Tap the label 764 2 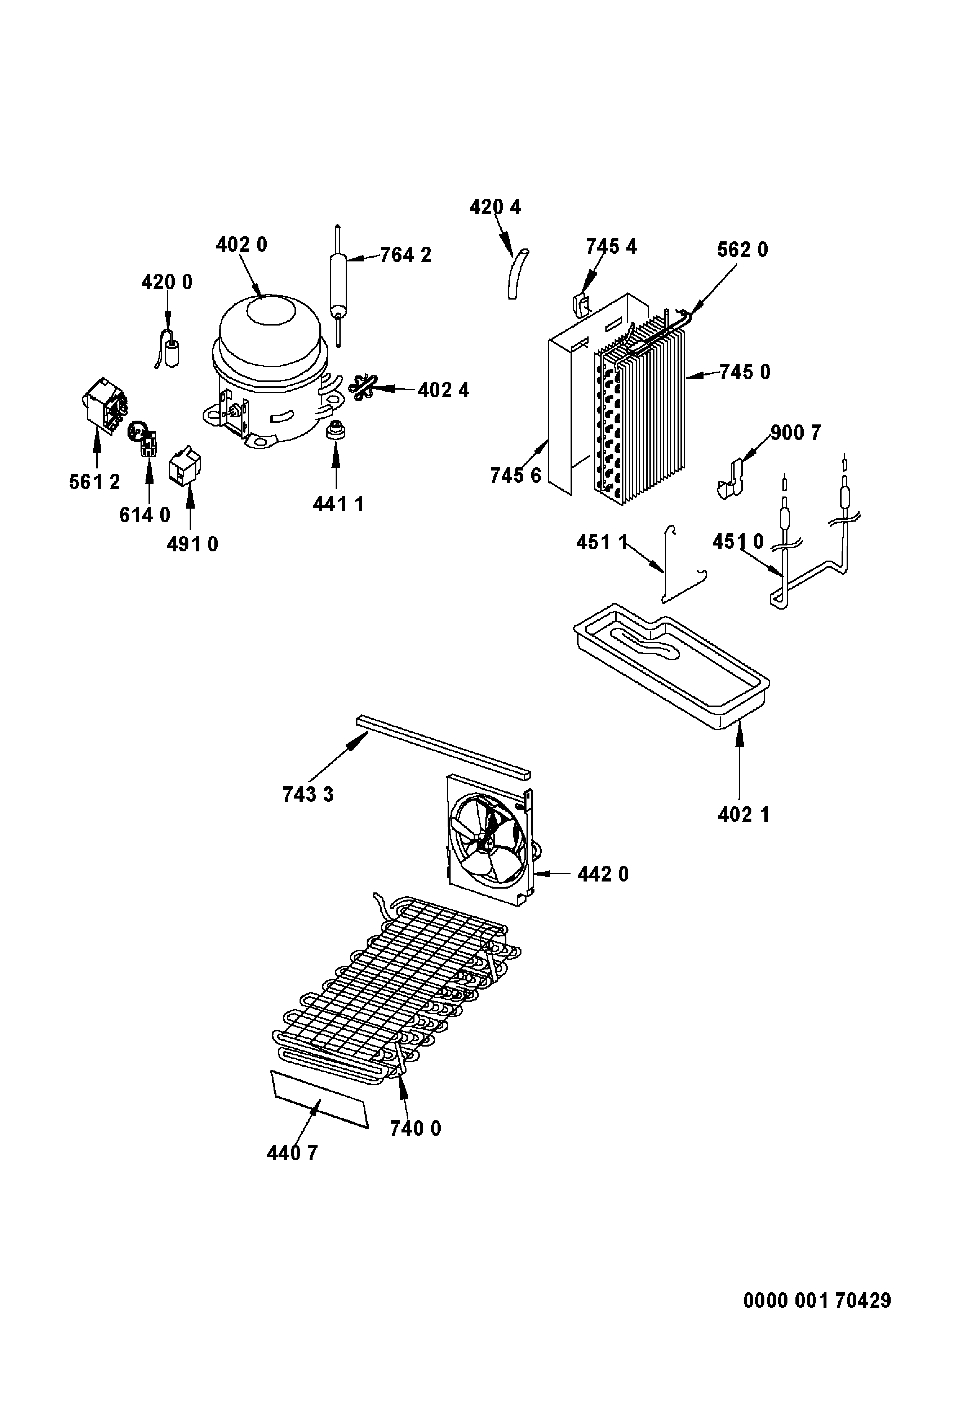[406, 255]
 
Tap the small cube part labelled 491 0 [185, 466]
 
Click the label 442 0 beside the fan [603, 874]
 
